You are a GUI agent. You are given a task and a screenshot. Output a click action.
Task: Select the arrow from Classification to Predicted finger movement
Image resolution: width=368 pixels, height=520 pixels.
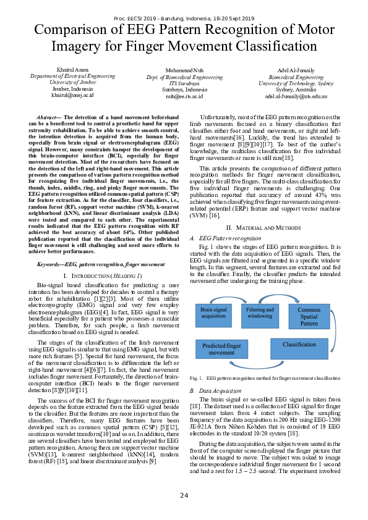[x=259, y=347]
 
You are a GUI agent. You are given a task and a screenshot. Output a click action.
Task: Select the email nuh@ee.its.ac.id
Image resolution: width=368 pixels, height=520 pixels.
[x=184, y=96]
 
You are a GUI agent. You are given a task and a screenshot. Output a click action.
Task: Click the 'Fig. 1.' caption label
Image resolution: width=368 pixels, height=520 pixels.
[x=196, y=377]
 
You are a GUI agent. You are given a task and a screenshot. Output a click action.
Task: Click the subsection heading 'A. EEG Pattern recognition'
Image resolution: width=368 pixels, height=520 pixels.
[x=221, y=238]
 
